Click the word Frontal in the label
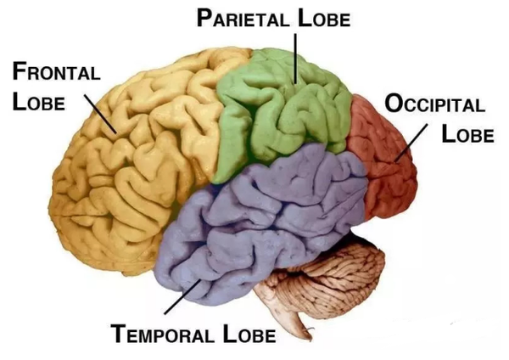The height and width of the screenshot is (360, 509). coord(56,72)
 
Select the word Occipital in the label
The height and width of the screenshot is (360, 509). coord(435,105)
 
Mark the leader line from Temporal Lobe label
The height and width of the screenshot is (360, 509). coord(182,297)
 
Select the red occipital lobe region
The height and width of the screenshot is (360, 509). coord(386,161)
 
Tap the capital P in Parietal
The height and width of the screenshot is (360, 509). coord(204,18)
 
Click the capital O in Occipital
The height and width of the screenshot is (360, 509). coord(393,105)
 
